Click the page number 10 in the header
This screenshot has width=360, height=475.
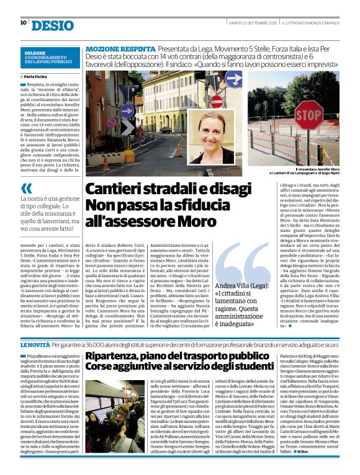(x=23, y=23)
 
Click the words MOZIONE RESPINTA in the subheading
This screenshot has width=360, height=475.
(x=120, y=48)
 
